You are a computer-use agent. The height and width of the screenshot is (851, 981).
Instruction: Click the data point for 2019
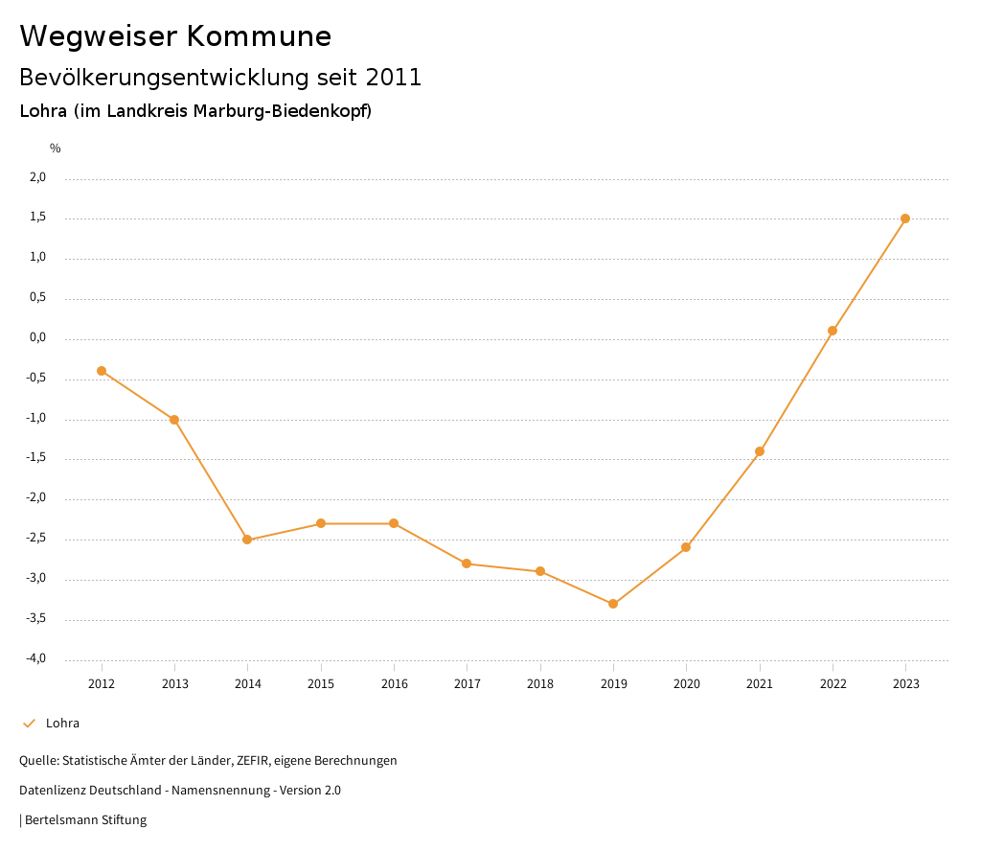613,604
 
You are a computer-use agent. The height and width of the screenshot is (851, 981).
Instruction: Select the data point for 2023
905,218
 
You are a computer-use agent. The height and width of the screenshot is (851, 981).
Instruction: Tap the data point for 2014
247,540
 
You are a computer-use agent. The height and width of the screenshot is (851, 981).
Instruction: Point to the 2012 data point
102,371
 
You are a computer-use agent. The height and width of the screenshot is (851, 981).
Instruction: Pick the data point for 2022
833,331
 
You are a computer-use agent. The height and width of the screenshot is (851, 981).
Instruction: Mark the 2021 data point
760,451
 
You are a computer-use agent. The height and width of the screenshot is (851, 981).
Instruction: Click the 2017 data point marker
467,563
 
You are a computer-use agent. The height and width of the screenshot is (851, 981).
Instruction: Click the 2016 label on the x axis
394,684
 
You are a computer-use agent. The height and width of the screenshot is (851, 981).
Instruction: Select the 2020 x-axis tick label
686,684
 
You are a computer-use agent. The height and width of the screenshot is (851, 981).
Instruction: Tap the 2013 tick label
174,684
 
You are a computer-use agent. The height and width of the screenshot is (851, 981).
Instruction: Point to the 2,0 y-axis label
37,177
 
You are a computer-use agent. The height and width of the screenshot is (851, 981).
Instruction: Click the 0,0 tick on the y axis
37,337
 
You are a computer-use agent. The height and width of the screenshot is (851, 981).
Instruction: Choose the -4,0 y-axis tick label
36,658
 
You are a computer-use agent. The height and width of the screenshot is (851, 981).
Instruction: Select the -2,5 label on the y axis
36,539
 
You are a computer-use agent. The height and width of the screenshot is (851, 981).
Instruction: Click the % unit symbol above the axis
56,149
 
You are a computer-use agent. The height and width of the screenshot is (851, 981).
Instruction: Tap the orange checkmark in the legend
29,724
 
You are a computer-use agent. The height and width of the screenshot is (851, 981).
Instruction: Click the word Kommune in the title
259,36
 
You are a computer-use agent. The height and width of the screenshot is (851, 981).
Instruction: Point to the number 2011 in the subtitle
394,78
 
